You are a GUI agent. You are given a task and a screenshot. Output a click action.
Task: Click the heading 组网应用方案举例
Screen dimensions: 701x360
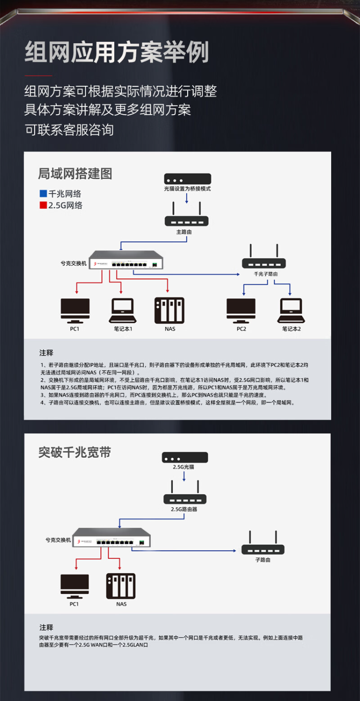117,52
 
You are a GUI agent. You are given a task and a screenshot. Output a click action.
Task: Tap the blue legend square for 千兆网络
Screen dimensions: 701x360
43,194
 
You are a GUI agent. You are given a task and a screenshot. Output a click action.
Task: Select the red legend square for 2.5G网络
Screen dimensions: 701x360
43,205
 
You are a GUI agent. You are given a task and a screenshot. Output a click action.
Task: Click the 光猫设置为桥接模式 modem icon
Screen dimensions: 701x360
187,178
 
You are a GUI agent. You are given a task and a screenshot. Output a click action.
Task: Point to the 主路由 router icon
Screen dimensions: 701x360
187,214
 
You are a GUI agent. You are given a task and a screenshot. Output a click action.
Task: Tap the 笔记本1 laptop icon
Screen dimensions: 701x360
123,310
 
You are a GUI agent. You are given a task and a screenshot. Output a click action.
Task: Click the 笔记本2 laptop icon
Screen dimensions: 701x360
291,310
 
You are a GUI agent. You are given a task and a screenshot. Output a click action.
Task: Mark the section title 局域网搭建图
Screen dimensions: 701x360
75,174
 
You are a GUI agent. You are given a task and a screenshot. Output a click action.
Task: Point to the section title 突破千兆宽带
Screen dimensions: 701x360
75,452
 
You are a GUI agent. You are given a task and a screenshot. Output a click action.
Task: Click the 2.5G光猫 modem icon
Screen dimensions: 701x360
185,457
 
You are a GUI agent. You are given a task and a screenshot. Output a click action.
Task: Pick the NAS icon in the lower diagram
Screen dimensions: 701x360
121,585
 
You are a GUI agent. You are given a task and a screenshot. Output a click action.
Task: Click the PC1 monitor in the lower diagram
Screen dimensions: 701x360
74,585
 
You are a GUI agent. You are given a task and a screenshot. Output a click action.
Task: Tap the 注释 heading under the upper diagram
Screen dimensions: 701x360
47,353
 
